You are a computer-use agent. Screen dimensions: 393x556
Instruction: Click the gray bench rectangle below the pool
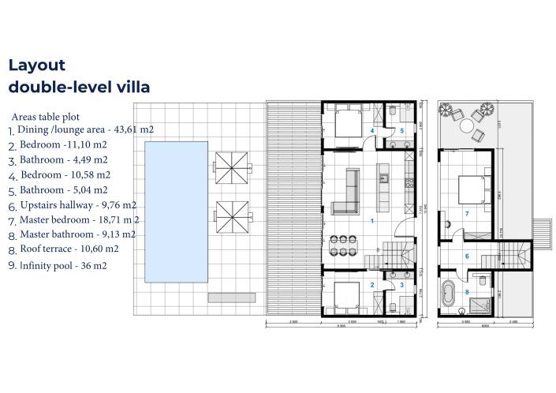coord(221,298)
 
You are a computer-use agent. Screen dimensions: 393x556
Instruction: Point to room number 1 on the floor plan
coord(371,221)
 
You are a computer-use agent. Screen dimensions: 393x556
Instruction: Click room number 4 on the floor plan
coord(371,130)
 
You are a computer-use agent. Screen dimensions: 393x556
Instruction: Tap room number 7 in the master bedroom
coord(467,214)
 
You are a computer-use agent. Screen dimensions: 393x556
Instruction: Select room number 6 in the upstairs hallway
coord(467,256)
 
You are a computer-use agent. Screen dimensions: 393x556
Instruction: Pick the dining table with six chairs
coord(345,245)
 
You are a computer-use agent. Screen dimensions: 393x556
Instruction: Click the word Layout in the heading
coord(36,66)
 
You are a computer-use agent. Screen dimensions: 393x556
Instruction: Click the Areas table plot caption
coord(45,116)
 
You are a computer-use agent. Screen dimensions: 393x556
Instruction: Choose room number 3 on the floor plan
coord(401,285)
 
